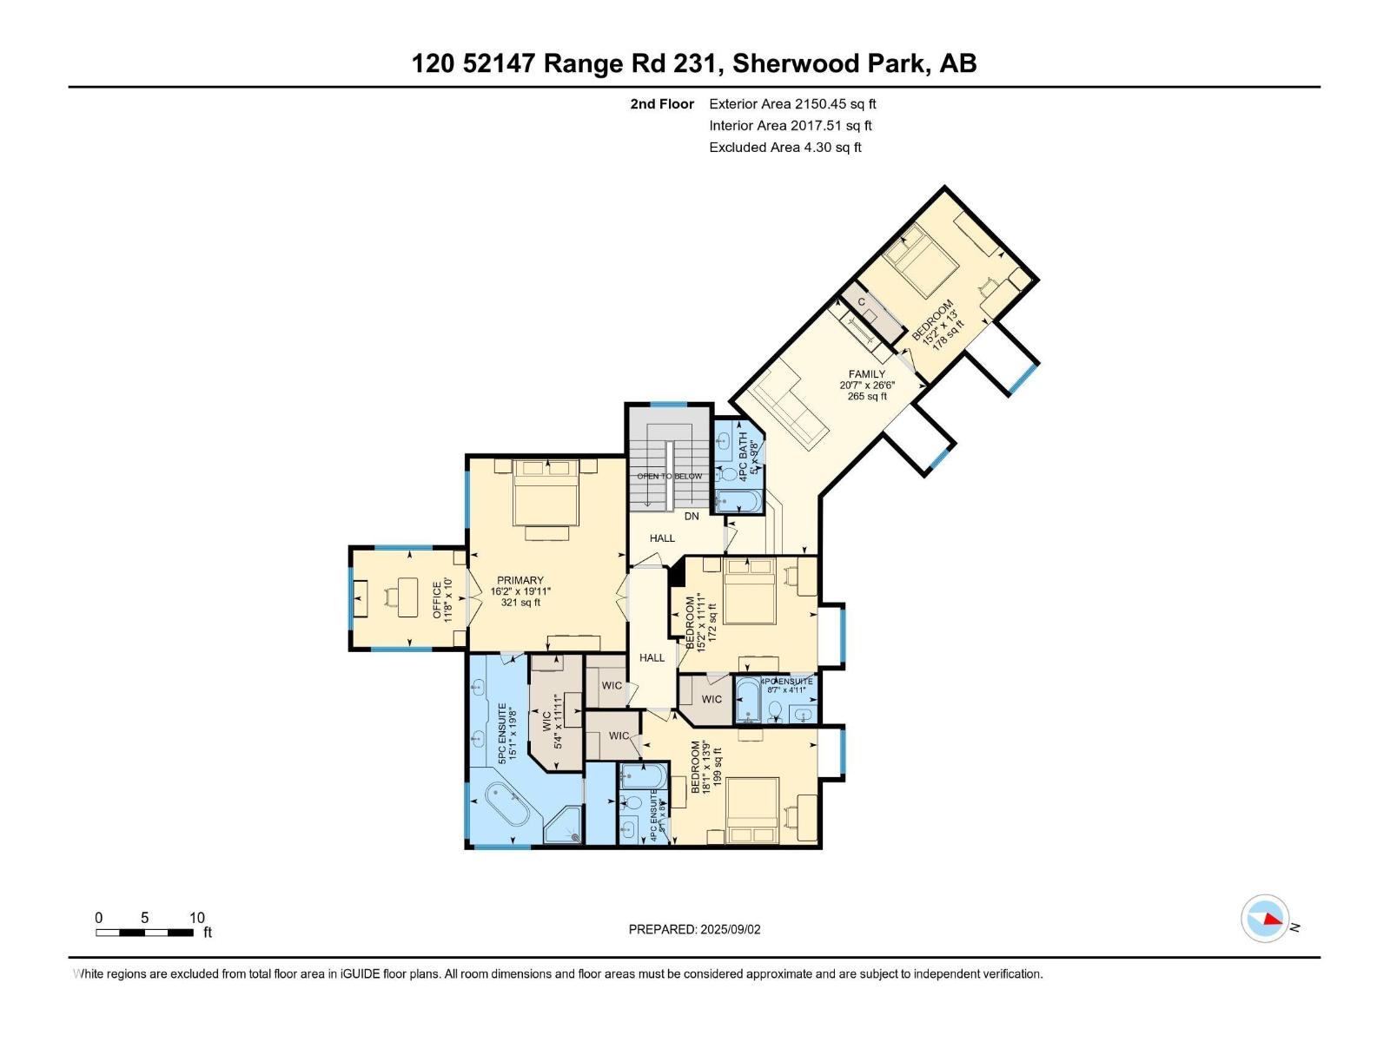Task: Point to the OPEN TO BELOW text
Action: coord(669,476)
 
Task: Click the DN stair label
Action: coord(692,516)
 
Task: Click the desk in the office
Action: coord(407,597)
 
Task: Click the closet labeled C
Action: coord(861,301)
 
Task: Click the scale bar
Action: coord(144,933)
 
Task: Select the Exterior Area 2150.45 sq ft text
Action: coord(792,104)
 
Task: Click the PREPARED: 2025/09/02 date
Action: coord(694,929)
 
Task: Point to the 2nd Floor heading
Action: coord(662,104)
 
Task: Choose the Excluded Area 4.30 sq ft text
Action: coord(784,148)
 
